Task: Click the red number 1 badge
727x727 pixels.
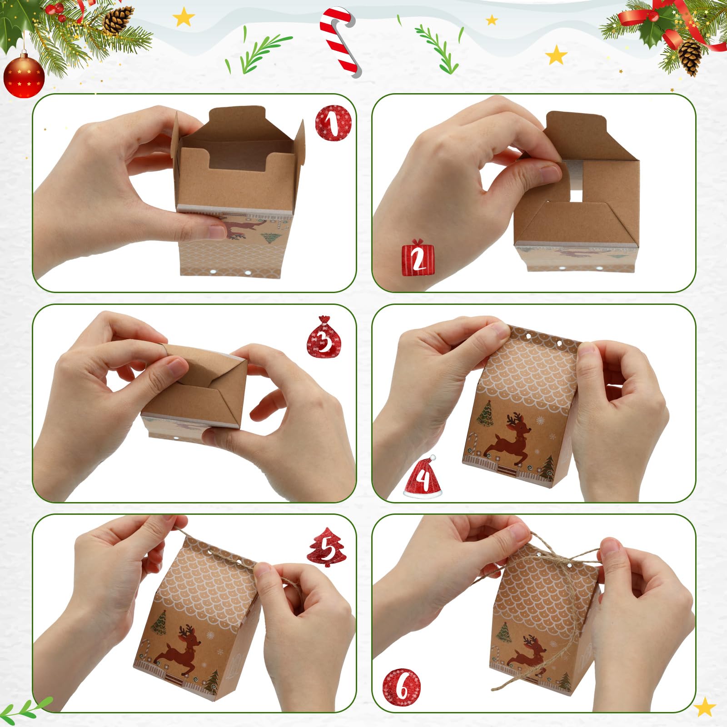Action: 334,123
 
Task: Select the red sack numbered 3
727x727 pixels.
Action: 324,337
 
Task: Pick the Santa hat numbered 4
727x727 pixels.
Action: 423,477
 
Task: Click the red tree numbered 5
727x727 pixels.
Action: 327,547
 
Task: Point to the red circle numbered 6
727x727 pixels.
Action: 402,687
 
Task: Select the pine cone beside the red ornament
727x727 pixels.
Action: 117,20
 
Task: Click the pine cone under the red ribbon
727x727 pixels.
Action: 690,56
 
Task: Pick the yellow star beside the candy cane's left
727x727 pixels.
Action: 184,17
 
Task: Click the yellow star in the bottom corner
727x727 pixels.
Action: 705,706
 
